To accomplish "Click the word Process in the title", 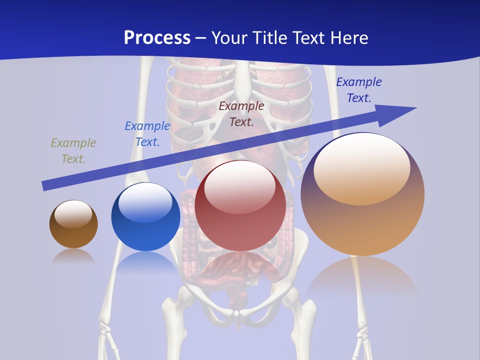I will coord(157,38).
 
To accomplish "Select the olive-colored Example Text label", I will coord(73,150).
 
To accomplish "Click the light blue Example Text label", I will coord(147,134).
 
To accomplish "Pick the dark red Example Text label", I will coord(241,113).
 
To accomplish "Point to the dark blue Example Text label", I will coord(358,90).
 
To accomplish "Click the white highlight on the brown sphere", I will coord(73,213).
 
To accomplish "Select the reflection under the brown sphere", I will coord(73,256).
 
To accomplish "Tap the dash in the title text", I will coord(200,38).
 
